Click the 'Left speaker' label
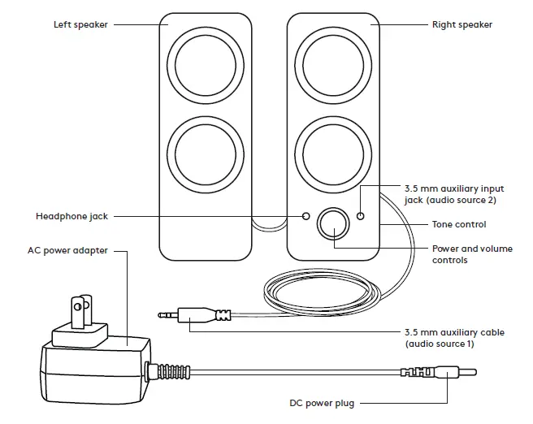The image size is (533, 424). tap(80, 24)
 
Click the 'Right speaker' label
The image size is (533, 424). tap(461, 24)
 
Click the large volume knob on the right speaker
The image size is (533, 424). tap(332, 223)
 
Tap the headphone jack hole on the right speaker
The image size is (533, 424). tap(305, 217)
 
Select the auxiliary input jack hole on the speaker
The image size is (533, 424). tap(361, 217)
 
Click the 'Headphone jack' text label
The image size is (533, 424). tap(71, 217)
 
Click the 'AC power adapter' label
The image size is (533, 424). tap(67, 251)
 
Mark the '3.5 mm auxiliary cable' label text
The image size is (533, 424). tap(453, 338)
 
